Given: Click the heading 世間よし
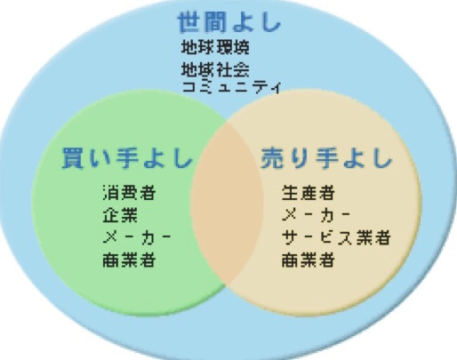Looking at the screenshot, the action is tap(229, 22).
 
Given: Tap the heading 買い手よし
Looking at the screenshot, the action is tap(127, 158).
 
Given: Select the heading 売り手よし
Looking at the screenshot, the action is tap(326, 158).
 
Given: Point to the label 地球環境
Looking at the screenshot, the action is tap(215, 47).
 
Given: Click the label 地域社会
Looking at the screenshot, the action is tap(215, 69).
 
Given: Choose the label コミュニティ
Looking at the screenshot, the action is tap(231, 87).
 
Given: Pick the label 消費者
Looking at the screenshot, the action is tap(129, 192).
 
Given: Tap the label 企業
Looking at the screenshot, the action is tap(120, 215).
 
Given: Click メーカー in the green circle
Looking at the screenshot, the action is tap(137, 237).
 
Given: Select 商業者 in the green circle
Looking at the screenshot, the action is tap(129, 260).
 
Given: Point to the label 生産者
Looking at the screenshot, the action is tap(309, 192).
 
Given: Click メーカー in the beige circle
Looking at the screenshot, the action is tap(316, 215).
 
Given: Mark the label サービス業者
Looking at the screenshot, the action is tap(336, 237).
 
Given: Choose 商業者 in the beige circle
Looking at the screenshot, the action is tap(309, 260).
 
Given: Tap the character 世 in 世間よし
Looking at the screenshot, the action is tap(189, 22).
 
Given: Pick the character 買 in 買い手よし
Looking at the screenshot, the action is tap(73, 158).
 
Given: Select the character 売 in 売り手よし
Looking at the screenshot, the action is tap(273, 158).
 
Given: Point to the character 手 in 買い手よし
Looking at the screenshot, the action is tap(127, 158).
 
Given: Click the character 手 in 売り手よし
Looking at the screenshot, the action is tap(326, 158).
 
